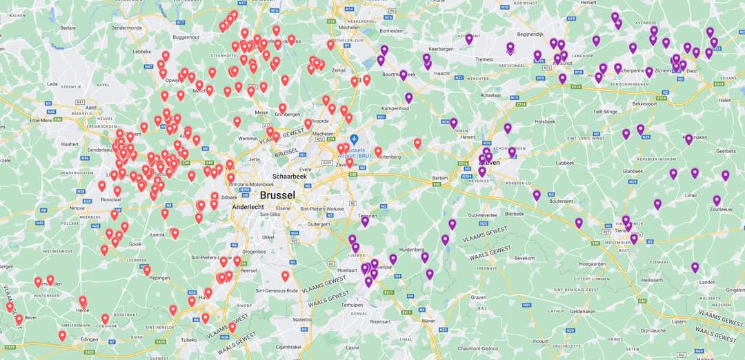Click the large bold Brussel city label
click(277, 195)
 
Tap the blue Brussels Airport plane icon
click(354, 139)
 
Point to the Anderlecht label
click(249, 206)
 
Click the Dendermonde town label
click(126, 28)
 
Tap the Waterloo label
click(303, 320)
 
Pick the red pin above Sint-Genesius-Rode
click(285, 276)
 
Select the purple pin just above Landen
click(695, 267)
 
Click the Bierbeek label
click(515, 214)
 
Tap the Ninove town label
click(77, 208)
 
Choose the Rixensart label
click(380, 321)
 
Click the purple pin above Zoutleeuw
click(717, 201)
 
